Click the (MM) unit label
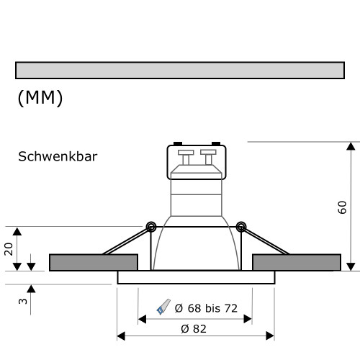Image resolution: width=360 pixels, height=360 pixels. coord(40,99)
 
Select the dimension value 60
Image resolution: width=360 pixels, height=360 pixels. coord(342,207)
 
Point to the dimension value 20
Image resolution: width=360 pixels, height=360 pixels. coord(9,248)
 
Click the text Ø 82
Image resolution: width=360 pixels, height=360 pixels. coord(195,328)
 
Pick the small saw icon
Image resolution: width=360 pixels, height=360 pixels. coord(163,307)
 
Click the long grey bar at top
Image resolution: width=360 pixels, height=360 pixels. coord(180,70)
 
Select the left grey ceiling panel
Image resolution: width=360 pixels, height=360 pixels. coord(94,262)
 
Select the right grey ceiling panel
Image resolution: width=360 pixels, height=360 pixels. coord(297,262)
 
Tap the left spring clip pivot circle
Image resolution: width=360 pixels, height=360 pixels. coord(151,227)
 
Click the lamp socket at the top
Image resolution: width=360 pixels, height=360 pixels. coord(196,162)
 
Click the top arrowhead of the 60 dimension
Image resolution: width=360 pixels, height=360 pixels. coord(351,147)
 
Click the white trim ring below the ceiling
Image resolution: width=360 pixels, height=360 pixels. coord(195,277)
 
